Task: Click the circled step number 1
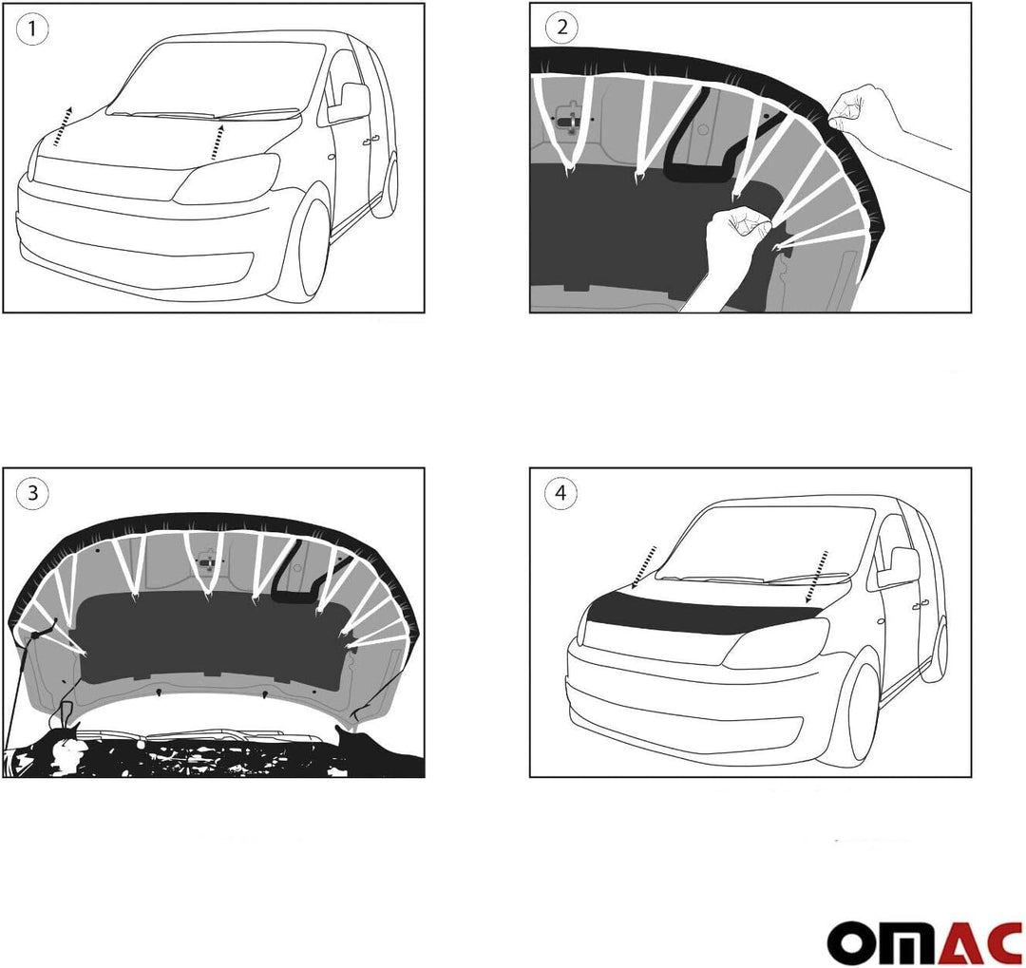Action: (x=32, y=28)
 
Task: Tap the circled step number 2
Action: (x=561, y=28)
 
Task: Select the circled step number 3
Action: (x=32, y=492)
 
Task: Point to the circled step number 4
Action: (x=560, y=493)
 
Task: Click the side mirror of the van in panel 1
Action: (x=348, y=103)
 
